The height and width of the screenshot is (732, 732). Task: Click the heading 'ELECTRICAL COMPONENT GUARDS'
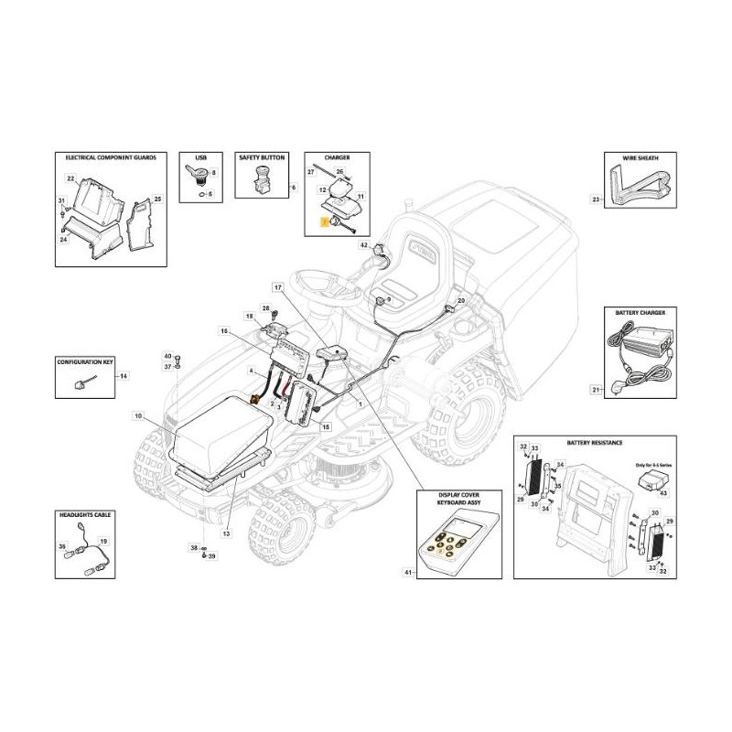[x=103, y=157]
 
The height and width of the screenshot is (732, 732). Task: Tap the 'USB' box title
[x=201, y=157]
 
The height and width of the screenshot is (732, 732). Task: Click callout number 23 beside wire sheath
[x=596, y=199]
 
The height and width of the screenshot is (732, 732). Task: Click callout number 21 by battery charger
[x=595, y=391]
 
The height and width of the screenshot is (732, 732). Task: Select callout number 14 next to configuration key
[x=125, y=376]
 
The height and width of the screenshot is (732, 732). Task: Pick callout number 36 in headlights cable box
[x=63, y=546]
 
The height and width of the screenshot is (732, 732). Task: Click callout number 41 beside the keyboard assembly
[x=409, y=573]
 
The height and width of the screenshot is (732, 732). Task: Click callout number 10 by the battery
[x=138, y=416]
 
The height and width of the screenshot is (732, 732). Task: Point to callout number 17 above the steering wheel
[x=278, y=288]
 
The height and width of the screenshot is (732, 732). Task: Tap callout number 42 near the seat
[x=363, y=246]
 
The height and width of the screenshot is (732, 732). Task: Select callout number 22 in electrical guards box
[x=70, y=178]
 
